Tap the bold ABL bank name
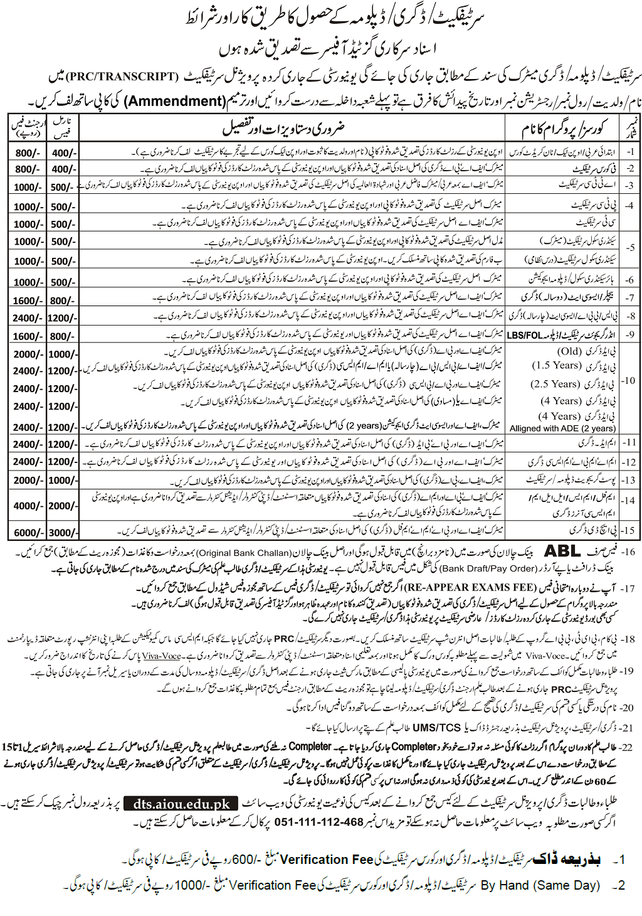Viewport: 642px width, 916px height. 562,551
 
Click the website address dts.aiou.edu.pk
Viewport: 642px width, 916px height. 182,804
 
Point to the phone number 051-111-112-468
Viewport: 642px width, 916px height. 318,822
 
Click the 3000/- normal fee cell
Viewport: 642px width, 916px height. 63,533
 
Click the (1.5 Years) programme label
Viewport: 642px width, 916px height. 556,365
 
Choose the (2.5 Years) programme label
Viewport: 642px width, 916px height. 555,384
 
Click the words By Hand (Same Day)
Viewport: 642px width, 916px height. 540,885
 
